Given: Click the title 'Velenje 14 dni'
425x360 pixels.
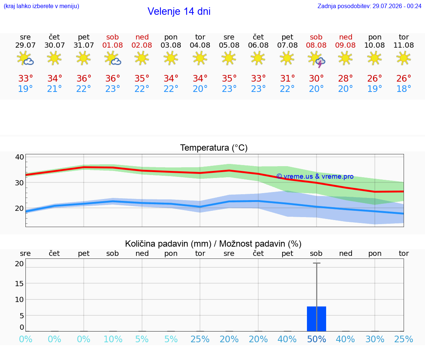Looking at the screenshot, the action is pyautogui.click(x=179, y=11).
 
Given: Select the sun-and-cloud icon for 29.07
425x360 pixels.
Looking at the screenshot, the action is pyautogui.click(x=25, y=58).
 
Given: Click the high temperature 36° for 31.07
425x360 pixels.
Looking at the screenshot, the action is pyautogui.click(x=84, y=79).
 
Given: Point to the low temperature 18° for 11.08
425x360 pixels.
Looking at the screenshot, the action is pyautogui.click(x=404, y=89).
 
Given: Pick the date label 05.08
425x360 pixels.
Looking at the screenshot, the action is pyautogui.click(x=229, y=45).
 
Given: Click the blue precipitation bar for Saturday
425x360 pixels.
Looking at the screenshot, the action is pyautogui.click(x=316, y=319).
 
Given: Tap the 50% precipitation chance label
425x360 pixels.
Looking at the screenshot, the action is pyautogui.click(x=316, y=339).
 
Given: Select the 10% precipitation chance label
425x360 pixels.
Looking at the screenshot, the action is pyautogui.click(x=113, y=339).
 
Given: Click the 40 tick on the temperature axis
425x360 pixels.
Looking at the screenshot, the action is pyautogui.click(x=20, y=157).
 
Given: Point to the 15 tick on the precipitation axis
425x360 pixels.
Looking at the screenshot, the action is pyautogui.click(x=20, y=284).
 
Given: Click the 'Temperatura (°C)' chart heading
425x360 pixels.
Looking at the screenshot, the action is pyautogui.click(x=214, y=148).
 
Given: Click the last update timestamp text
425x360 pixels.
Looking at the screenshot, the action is pyautogui.click(x=369, y=6).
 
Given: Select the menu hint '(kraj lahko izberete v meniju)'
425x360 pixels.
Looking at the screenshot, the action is pyautogui.click(x=41, y=6).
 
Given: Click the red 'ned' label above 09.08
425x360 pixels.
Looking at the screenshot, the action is pyautogui.click(x=346, y=37).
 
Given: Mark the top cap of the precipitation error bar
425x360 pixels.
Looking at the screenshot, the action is pyautogui.click(x=317, y=263).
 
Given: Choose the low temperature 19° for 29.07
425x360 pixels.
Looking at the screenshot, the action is pyautogui.click(x=25, y=89).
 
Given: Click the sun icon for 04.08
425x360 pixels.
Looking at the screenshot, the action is pyautogui.click(x=200, y=58).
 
